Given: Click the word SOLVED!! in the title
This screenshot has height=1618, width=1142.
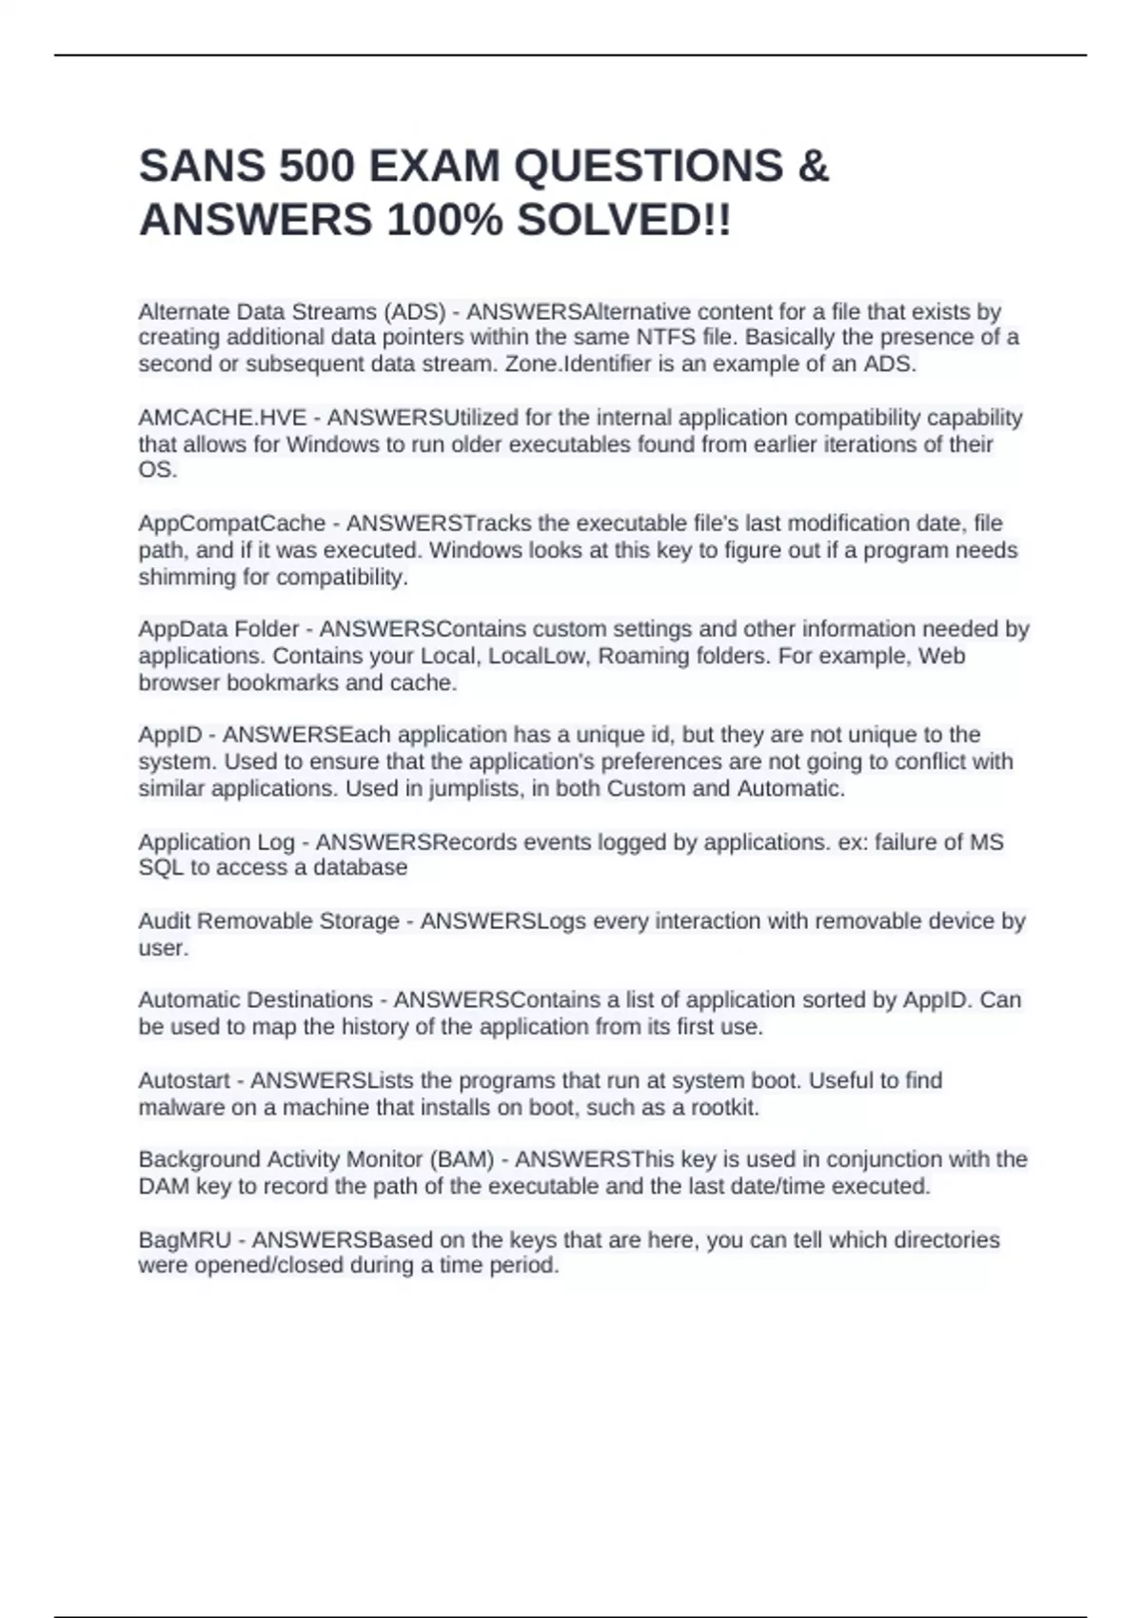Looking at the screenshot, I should click(x=624, y=221).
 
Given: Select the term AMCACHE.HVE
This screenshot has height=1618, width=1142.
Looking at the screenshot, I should click(x=223, y=418).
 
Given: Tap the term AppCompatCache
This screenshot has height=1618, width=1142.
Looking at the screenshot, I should click(x=232, y=523).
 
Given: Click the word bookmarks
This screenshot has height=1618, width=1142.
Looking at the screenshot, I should click(x=283, y=682).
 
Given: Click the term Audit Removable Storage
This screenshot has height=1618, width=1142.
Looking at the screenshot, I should click(x=268, y=921).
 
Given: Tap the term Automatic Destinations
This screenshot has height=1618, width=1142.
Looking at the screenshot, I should click(x=255, y=1000).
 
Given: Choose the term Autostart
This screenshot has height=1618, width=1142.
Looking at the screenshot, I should click(x=184, y=1080).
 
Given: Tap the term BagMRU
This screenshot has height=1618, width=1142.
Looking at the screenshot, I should click(x=185, y=1239).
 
